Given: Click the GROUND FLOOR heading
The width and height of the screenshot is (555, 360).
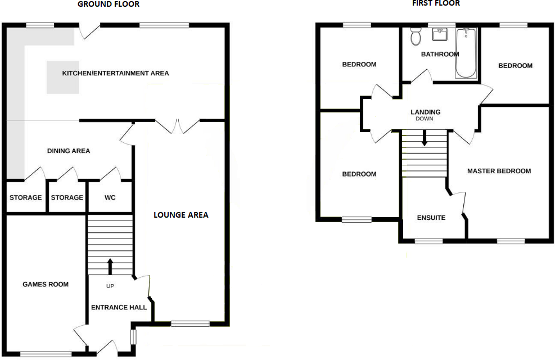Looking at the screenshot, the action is click(109, 4).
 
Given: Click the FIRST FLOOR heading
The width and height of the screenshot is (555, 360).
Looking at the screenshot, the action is click(436, 3).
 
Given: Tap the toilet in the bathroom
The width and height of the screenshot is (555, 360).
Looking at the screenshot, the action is click(416, 37).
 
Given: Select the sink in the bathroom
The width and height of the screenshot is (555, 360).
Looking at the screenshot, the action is click(440, 35).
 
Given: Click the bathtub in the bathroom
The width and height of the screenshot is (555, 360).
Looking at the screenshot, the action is click(466, 53).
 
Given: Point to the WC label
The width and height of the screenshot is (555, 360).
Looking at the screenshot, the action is click(110, 197).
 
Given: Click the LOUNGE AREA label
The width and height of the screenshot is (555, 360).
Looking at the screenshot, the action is click(181, 215).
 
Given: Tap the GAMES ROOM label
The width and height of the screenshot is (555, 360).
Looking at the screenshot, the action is click(46, 284).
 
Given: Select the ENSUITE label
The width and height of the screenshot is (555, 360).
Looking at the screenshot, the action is click(431, 218).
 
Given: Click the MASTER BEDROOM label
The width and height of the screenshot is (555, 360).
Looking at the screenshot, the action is click(499, 171).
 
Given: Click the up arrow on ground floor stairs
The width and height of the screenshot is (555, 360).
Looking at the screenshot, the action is click(110, 267).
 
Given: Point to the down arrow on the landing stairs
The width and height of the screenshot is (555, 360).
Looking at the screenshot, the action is click(425, 138).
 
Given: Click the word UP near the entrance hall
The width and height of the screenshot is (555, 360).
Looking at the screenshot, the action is click(110, 286).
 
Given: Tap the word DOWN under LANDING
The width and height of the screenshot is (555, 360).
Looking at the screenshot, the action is click(425, 119).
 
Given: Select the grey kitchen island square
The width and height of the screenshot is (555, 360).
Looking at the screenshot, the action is click(62, 78).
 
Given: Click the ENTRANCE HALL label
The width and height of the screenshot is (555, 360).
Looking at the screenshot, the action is click(119, 308).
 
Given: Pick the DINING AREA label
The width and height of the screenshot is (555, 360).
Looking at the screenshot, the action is click(69, 151).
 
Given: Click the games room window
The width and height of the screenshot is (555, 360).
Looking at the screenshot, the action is click(46, 354).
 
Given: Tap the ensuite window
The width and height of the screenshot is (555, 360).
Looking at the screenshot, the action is click(428, 241).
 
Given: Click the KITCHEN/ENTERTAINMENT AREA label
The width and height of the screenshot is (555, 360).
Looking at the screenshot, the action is click(115, 73).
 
